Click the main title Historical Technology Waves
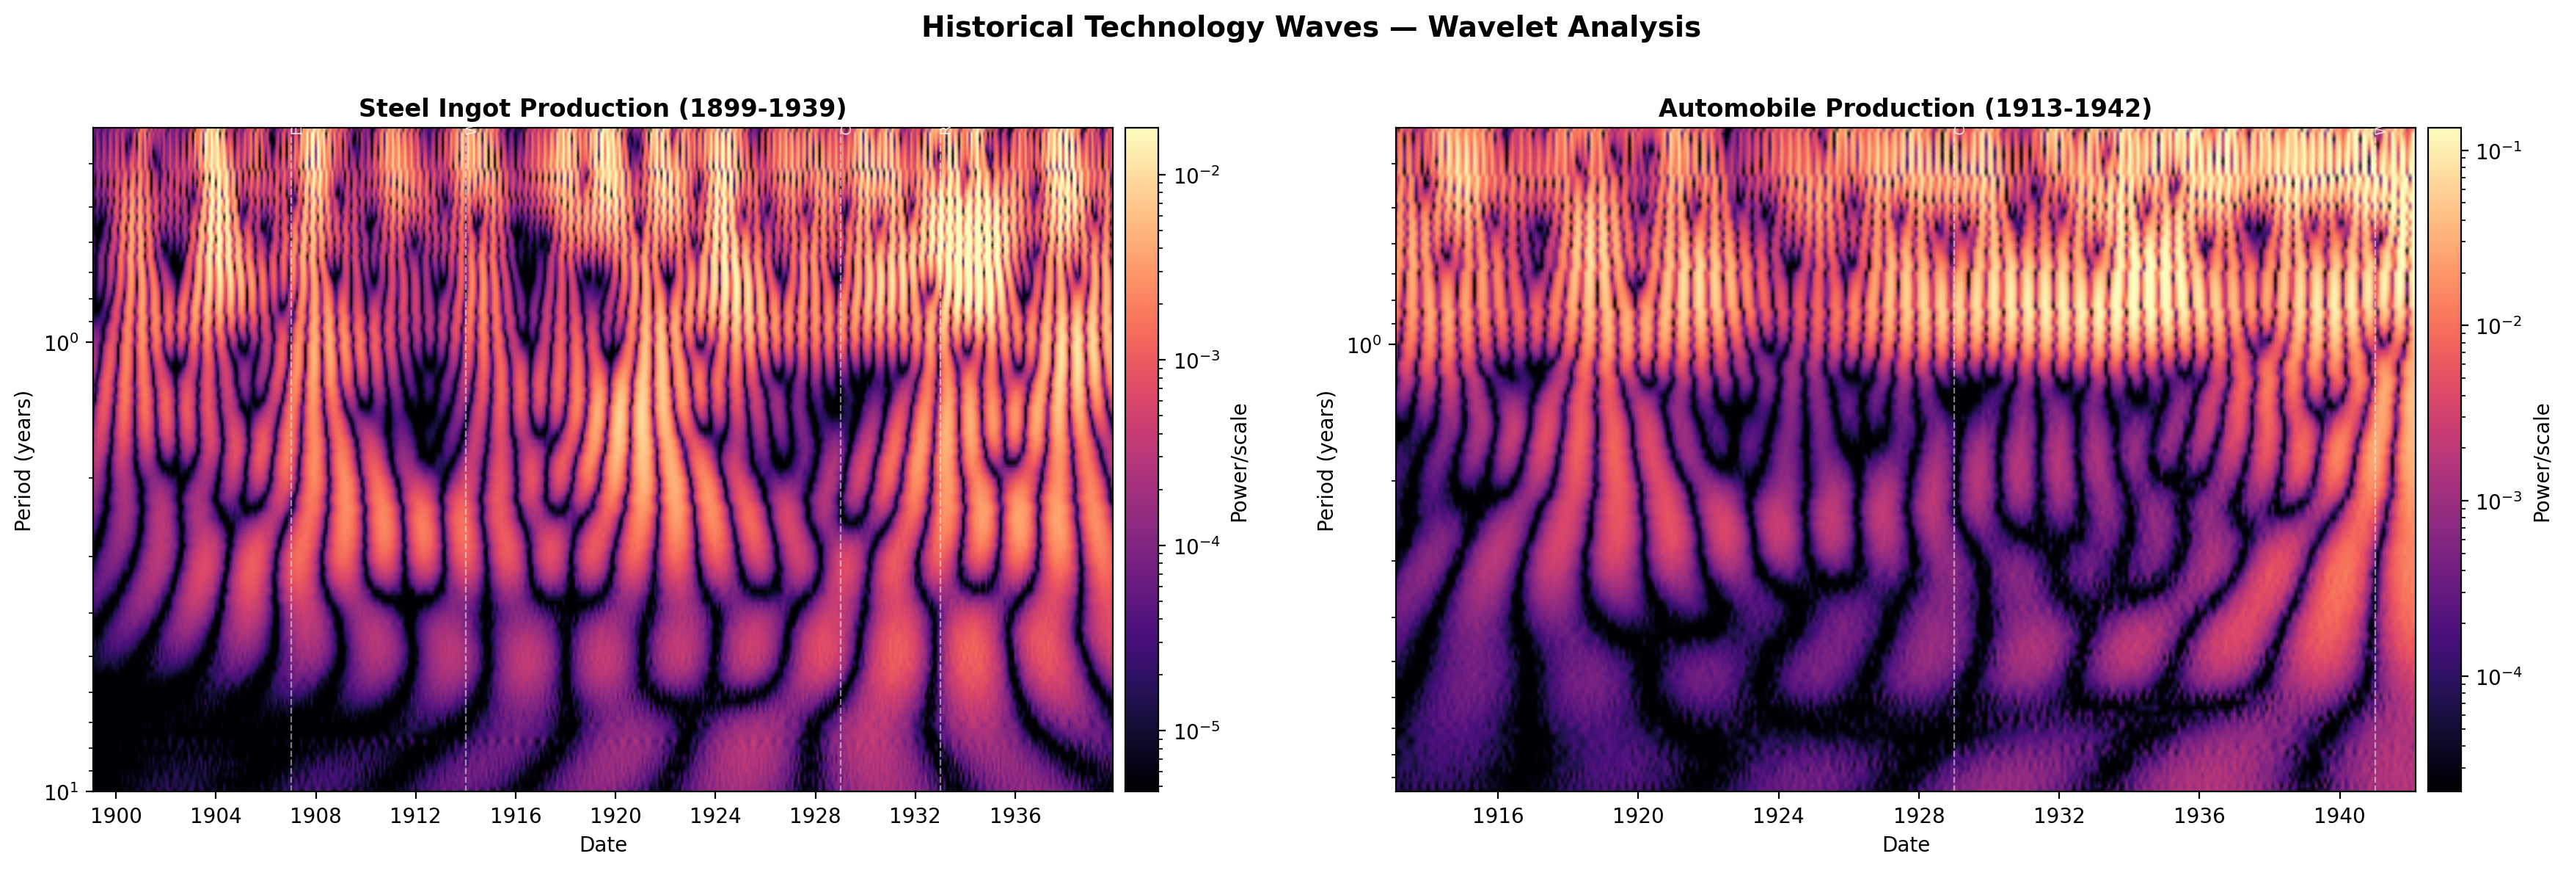coord(1310,27)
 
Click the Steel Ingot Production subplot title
coord(602,108)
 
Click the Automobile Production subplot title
coord(1904,108)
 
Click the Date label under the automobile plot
coord(1904,845)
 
